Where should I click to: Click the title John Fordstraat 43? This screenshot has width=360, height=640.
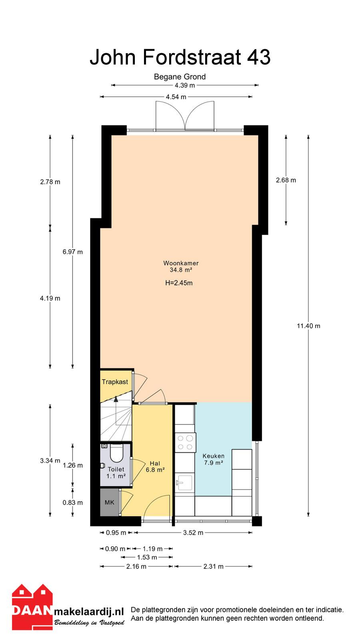[x=180, y=57]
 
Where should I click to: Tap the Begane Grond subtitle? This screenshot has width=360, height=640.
[x=180, y=76]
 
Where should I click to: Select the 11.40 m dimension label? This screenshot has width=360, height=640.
[x=308, y=326]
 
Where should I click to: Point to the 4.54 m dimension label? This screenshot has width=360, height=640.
[x=176, y=97]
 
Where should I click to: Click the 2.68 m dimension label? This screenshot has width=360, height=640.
[x=286, y=180]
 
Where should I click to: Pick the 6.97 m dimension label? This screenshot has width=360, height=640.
[x=72, y=252]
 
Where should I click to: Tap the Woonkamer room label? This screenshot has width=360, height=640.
[x=181, y=263]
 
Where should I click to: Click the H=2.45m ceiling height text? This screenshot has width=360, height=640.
[x=179, y=283]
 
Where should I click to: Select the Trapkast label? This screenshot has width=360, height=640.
[x=115, y=382]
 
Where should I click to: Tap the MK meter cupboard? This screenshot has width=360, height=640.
[x=110, y=502]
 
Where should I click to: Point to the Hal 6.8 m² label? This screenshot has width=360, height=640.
[x=155, y=466]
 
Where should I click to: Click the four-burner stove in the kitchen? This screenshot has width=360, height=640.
[x=185, y=442]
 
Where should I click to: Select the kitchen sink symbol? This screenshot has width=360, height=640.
[x=184, y=483]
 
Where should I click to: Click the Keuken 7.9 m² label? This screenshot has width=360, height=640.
[x=214, y=459]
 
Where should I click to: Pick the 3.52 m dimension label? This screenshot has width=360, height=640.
[x=193, y=532]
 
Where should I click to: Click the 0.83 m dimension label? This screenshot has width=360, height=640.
[x=72, y=502]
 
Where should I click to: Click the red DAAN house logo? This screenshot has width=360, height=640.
[x=32, y=607]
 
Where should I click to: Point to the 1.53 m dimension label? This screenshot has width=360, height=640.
[x=147, y=557]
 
